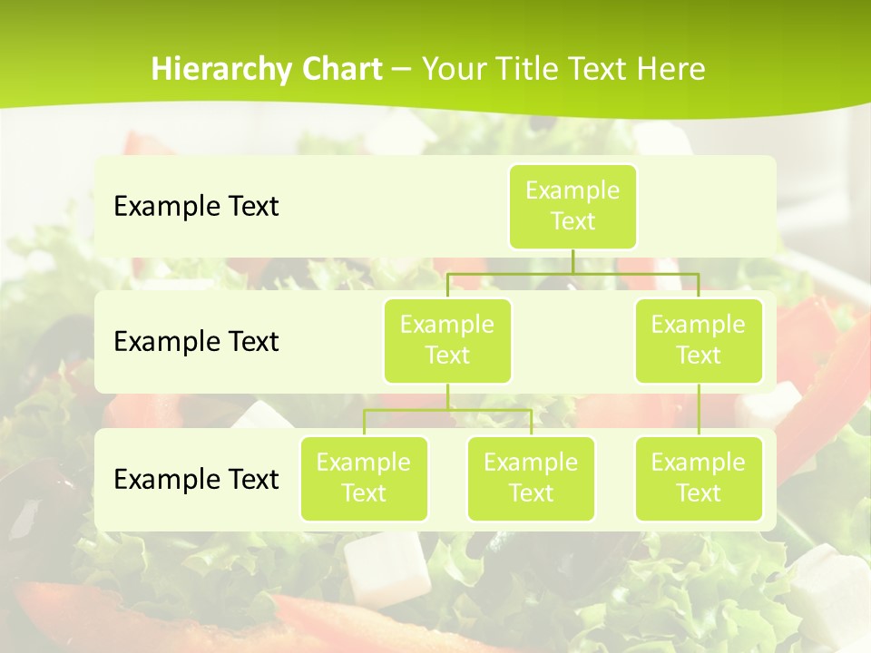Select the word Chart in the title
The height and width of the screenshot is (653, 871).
pos(341,69)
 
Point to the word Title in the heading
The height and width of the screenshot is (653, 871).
pos(534,69)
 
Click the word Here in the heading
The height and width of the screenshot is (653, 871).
pos(670,69)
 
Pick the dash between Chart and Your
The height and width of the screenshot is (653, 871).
pos(401,70)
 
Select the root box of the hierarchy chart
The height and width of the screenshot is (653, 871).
pos(573,206)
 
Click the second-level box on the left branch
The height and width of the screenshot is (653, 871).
pos(447,340)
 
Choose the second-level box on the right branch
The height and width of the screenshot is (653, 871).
pos(699,340)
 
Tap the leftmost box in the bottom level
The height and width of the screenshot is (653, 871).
pos(364,478)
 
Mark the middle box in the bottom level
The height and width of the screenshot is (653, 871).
pos(531,478)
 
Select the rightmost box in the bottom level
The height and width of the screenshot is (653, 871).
pos(699,478)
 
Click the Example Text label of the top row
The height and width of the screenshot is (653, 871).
pos(196,207)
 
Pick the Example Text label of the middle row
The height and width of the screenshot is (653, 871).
pos(196,342)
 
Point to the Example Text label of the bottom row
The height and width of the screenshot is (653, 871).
pos(196,479)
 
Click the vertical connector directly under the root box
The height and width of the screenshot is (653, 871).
pos(573,260)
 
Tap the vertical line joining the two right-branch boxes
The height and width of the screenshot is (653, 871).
pos(699,410)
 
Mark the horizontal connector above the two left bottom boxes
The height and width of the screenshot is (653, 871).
pos(447,410)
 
